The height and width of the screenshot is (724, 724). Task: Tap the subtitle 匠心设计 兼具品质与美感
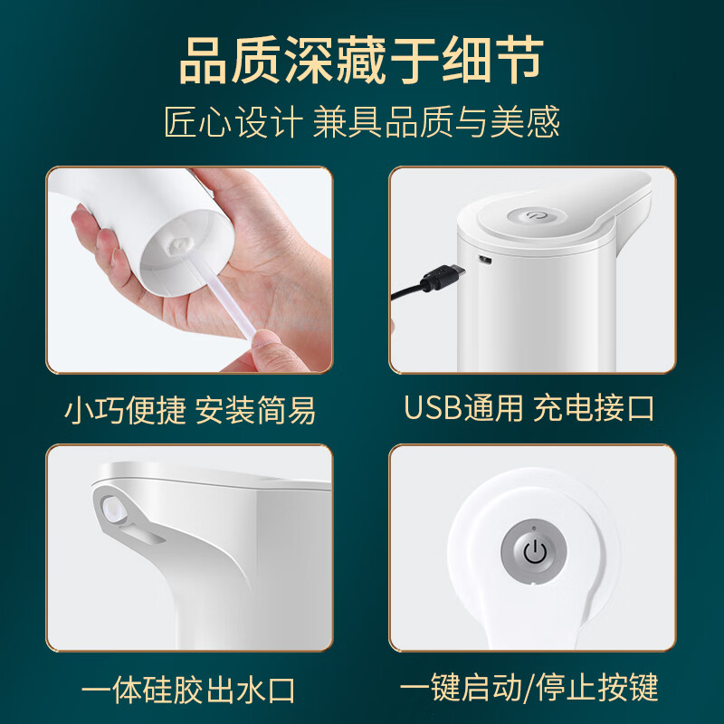(x=362, y=122)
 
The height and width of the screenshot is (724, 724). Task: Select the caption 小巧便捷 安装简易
(x=190, y=410)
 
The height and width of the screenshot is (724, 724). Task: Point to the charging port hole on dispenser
(x=485, y=261)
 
